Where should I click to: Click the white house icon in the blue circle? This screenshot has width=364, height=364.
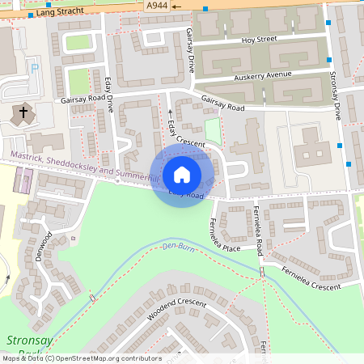point(182,175)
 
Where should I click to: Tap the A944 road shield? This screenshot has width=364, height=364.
point(157,5)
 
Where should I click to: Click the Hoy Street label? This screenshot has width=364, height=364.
point(258,39)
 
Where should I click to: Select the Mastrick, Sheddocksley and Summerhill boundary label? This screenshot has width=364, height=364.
point(81,165)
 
